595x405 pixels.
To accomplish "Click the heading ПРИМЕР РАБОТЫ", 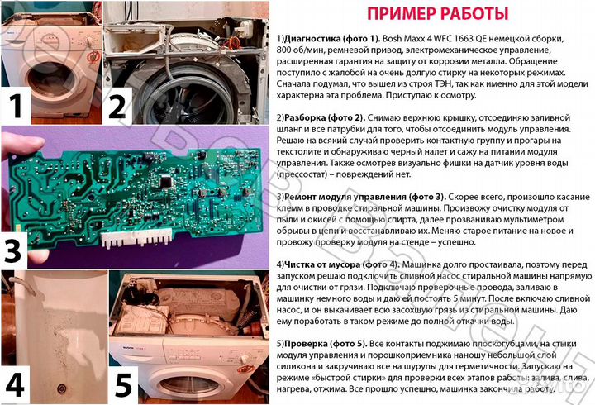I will [437, 14].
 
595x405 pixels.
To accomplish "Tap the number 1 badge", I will [18, 107].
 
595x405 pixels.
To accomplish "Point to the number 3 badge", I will [18, 248].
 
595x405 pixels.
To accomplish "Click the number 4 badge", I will [18, 384].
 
